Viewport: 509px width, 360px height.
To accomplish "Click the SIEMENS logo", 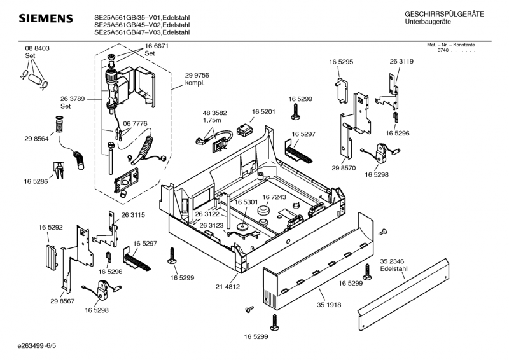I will (45, 19).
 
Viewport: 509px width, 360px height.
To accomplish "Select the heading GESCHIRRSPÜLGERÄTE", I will (444, 14).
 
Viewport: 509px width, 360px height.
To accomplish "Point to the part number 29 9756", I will (197, 76).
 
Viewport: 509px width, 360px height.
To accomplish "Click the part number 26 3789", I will (73, 99).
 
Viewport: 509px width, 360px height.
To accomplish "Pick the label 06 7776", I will (135, 123).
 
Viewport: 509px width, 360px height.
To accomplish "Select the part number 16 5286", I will (37, 182).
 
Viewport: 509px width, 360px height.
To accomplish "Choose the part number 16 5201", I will (263, 111).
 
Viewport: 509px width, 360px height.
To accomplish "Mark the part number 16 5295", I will (341, 61).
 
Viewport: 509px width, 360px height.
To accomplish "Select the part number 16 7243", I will (274, 198).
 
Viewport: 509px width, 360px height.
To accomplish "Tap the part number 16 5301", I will (246, 202).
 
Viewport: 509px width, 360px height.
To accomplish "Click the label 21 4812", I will (227, 287).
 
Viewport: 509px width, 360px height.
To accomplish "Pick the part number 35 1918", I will (330, 305).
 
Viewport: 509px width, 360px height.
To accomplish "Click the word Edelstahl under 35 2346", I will (393, 269).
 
